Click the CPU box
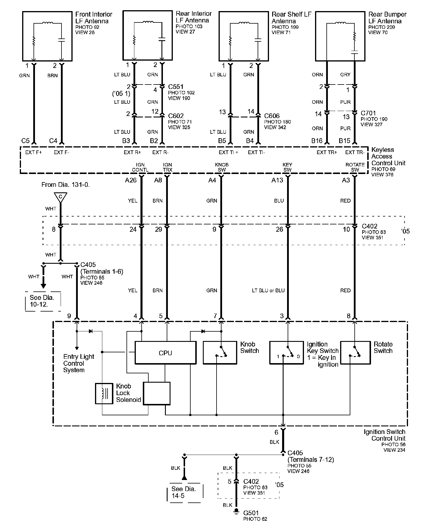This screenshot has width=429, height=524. pos(165,353)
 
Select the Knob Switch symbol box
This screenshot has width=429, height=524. pos(220,353)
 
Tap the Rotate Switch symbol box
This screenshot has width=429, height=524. pos(355,353)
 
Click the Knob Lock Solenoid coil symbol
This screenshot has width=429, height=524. pos(104,393)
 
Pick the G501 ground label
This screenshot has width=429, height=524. pos(251,512)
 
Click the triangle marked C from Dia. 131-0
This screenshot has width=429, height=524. pos(60,197)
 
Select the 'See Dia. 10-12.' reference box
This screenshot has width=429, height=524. pos(43,301)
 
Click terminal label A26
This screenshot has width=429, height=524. pos(131,180)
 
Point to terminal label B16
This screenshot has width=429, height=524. pos(317,141)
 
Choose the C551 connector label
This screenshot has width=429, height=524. pos(176,87)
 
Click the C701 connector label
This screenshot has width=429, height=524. pos(368,113)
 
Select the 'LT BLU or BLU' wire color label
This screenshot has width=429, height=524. pos(268,290)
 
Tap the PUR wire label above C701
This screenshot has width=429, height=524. pos(345,102)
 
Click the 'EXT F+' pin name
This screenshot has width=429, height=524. pos(34,152)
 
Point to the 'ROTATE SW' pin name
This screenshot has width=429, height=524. pos(355,167)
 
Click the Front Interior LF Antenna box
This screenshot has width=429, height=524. pos(47,36)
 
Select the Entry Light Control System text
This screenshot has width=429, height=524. pos(78,363)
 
